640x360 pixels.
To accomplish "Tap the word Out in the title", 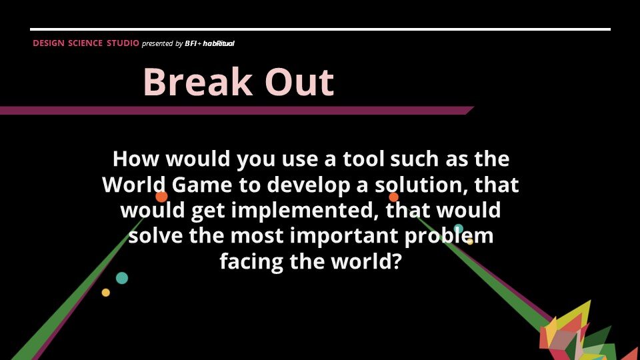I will tap(299, 83).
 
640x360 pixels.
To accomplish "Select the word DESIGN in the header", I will tap(48, 43).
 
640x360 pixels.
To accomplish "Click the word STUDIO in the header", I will tap(123, 43).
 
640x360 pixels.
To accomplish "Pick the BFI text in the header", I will tap(190, 43).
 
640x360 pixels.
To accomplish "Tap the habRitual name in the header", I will tap(219, 43).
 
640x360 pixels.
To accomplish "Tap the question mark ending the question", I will tap(395, 261).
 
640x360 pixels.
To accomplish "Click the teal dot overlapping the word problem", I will tap(458, 229).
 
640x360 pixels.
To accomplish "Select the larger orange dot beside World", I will tap(161, 197).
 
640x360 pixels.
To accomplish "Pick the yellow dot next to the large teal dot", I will tap(105, 293).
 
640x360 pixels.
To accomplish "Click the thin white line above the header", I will tap(320, 29).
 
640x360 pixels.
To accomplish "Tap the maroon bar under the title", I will tap(233, 111).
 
